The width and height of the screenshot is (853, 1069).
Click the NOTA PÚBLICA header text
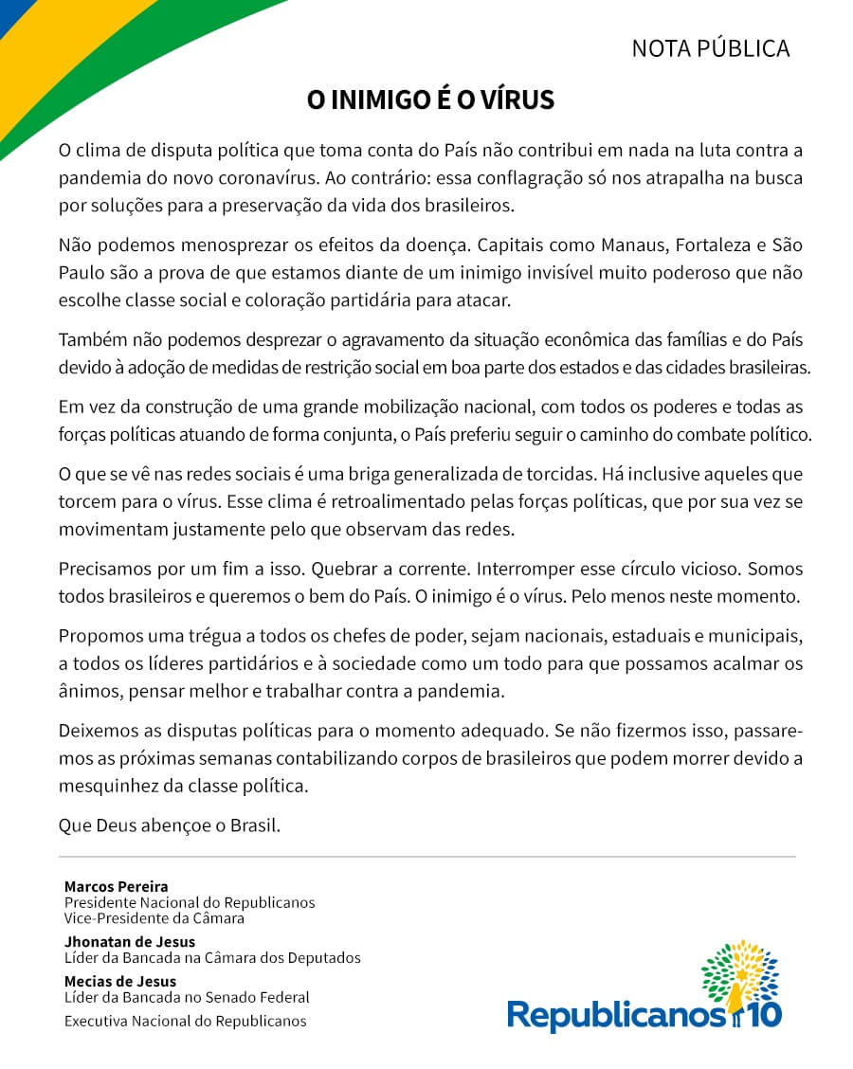pyautogui.click(x=710, y=48)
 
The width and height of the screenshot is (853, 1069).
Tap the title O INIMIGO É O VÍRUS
pyautogui.click(x=429, y=100)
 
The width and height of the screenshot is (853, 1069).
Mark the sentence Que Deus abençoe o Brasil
pyautogui.click(x=170, y=824)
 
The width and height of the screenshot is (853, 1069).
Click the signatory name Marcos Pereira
pyautogui.click(x=116, y=887)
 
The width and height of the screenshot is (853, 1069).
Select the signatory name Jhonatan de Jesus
pyautogui.click(x=130, y=942)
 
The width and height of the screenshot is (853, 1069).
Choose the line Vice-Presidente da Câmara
pyautogui.click(x=154, y=917)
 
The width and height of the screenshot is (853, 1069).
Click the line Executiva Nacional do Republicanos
pyautogui.click(x=185, y=1021)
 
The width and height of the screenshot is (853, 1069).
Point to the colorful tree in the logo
pyautogui.click(x=739, y=971)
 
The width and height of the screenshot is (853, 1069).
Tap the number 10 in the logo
pyautogui.click(x=765, y=1015)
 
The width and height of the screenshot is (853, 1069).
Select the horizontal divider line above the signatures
pyautogui.click(x=427, y=857)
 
